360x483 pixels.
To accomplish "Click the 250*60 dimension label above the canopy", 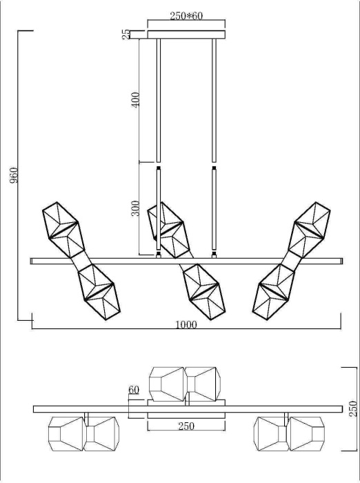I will tap(186, 16).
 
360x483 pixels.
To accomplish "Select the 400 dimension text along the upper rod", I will tap(136, 99).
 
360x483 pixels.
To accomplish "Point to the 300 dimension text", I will tap(136, 208).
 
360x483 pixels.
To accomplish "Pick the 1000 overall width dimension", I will tap(186, 324).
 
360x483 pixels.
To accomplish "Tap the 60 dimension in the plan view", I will tap(133, 390).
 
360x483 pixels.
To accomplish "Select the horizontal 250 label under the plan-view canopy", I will tap(186, 426).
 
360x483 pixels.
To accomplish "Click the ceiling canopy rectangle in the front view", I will tap(186, 34).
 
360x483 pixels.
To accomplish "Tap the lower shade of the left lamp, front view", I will tap(95, 289).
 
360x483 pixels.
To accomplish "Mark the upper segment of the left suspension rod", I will tap(159, 100).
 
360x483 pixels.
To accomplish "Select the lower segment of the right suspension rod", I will tap(214, 210).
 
